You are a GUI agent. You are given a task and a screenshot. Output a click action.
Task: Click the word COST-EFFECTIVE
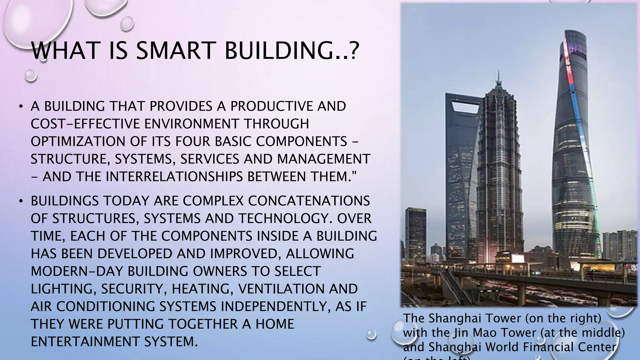pos(85,124)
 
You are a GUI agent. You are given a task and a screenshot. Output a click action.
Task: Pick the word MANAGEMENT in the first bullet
pos(323,159)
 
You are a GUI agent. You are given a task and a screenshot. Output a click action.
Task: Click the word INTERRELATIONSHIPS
pos(174,177)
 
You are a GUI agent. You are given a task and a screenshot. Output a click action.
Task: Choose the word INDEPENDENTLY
pos(276,306)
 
